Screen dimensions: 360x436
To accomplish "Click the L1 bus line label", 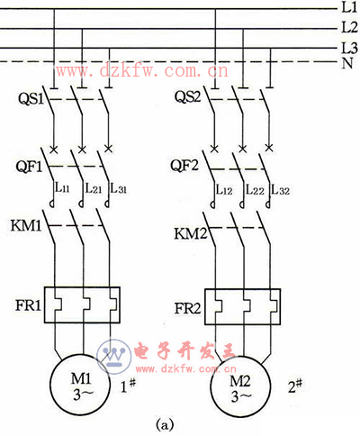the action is coord(349,7).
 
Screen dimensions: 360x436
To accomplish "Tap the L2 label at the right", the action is coord(350,27).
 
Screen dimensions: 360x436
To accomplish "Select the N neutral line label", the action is coord(347,63).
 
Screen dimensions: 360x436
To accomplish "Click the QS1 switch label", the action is coord(31,98).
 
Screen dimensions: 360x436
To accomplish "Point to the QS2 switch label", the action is coord(188,96).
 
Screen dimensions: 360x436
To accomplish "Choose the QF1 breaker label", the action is coord(29,167).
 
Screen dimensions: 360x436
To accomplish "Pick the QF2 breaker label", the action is coord(184,165).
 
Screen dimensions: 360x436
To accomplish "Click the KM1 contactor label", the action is coord(26,225).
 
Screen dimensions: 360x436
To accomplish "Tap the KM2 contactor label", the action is coord(191,233).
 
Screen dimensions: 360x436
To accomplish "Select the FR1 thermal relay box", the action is coord(82,305).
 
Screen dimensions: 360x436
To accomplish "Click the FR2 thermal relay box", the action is coord(243,307).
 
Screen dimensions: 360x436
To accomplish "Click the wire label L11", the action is coord(62,188).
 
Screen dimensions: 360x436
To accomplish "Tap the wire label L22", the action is coord(255,190).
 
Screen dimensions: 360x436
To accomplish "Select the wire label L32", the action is coord(281,190).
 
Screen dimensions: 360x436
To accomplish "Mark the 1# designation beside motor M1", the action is coord(128,386).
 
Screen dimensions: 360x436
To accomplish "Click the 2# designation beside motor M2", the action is coord(295,386).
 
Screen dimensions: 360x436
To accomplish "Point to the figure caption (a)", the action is coord(165,425).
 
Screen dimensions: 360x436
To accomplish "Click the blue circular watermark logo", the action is coord(114,357).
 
